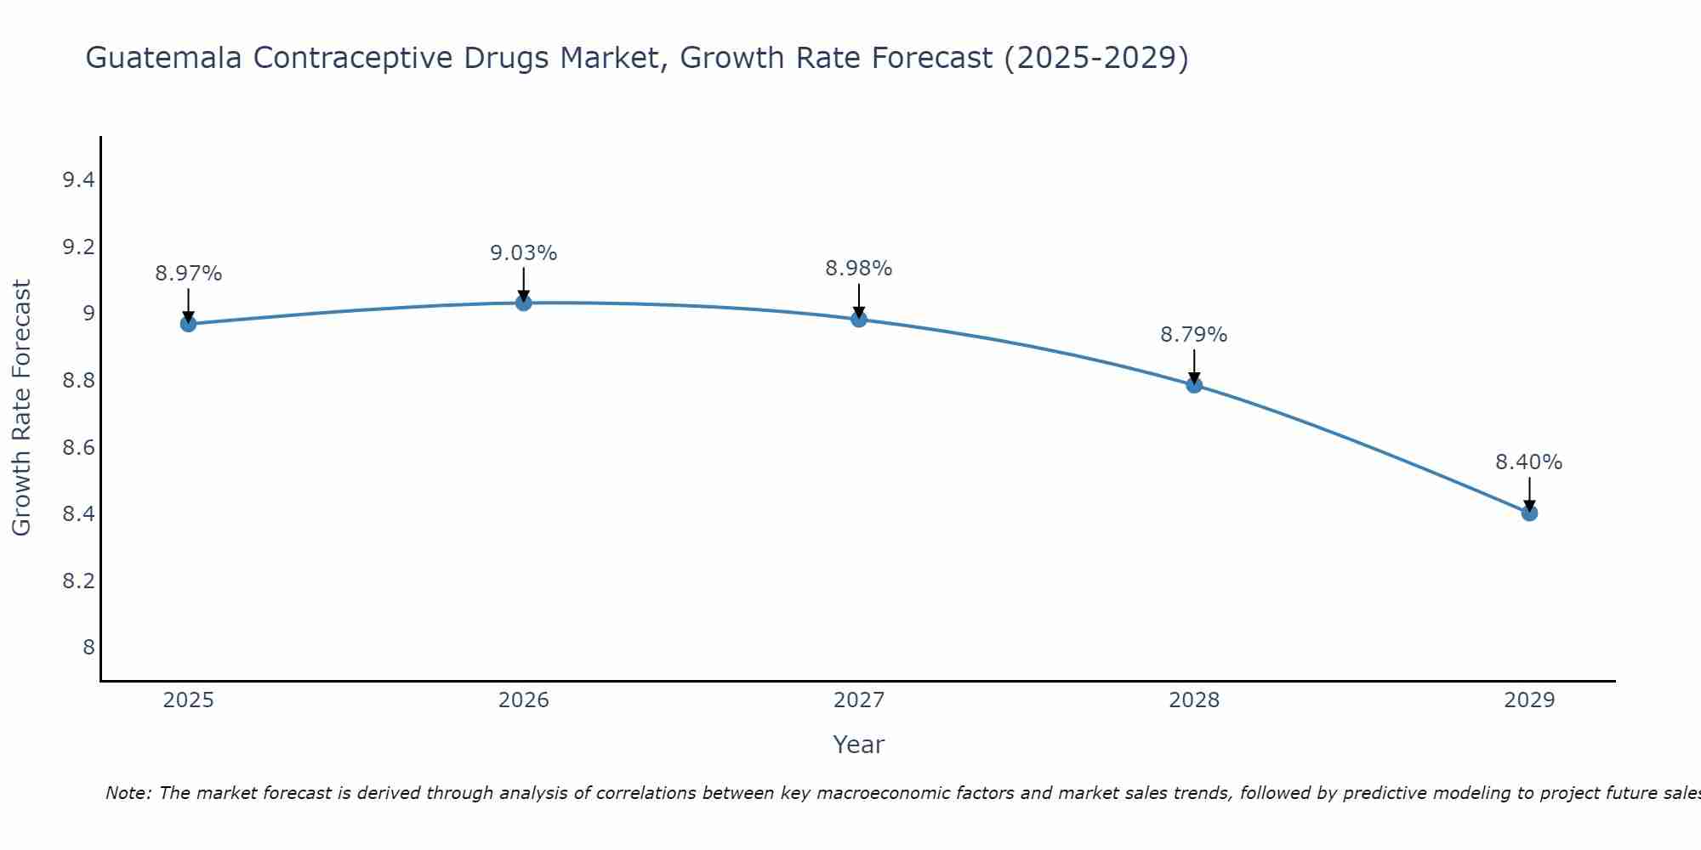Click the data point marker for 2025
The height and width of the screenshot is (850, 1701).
pyautogui.click(x=188, y=324)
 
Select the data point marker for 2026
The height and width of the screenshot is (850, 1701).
pyautogui.click(x=523, y=303)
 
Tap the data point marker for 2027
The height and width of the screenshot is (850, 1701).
pyautogui.click(x=858, y=320)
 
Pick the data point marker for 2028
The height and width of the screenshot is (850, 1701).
pyautogui.click(x=1193, y=385)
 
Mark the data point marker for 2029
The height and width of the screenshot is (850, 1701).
pyautogui.click(x=1528, y=513)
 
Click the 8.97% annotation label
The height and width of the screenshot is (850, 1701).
pyautogui.click(x=188, y=274)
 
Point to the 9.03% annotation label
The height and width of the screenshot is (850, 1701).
pyautogui.click(x=523, y=253)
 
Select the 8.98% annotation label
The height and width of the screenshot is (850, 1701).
pyautogui.click(x=858, y=269)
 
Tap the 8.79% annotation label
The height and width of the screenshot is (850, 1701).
pyautogui.click(x=1193, y=335)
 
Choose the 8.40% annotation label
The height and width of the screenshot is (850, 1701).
pyautogui.click(x=1528, y=462)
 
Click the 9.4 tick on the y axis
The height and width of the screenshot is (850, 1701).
pyautogui.click(x=78, y=180)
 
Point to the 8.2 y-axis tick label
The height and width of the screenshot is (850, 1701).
pyautogui.click(x=78, y=581)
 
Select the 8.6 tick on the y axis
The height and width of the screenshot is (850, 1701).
pyautogui.click(x=78, y=448)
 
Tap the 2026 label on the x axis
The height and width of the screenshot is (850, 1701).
pyautogui.click(x=523, y=700)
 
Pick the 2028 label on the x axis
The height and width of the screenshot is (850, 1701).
pyautogui.click(x=1193, y=700)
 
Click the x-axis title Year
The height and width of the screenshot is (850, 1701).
pyautogui.click(x=858, y=745)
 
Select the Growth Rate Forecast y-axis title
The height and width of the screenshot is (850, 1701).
pyautogui.click(x=21, y=408)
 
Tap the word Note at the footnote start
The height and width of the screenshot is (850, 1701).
pyautogui.click(x=128, y=793)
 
